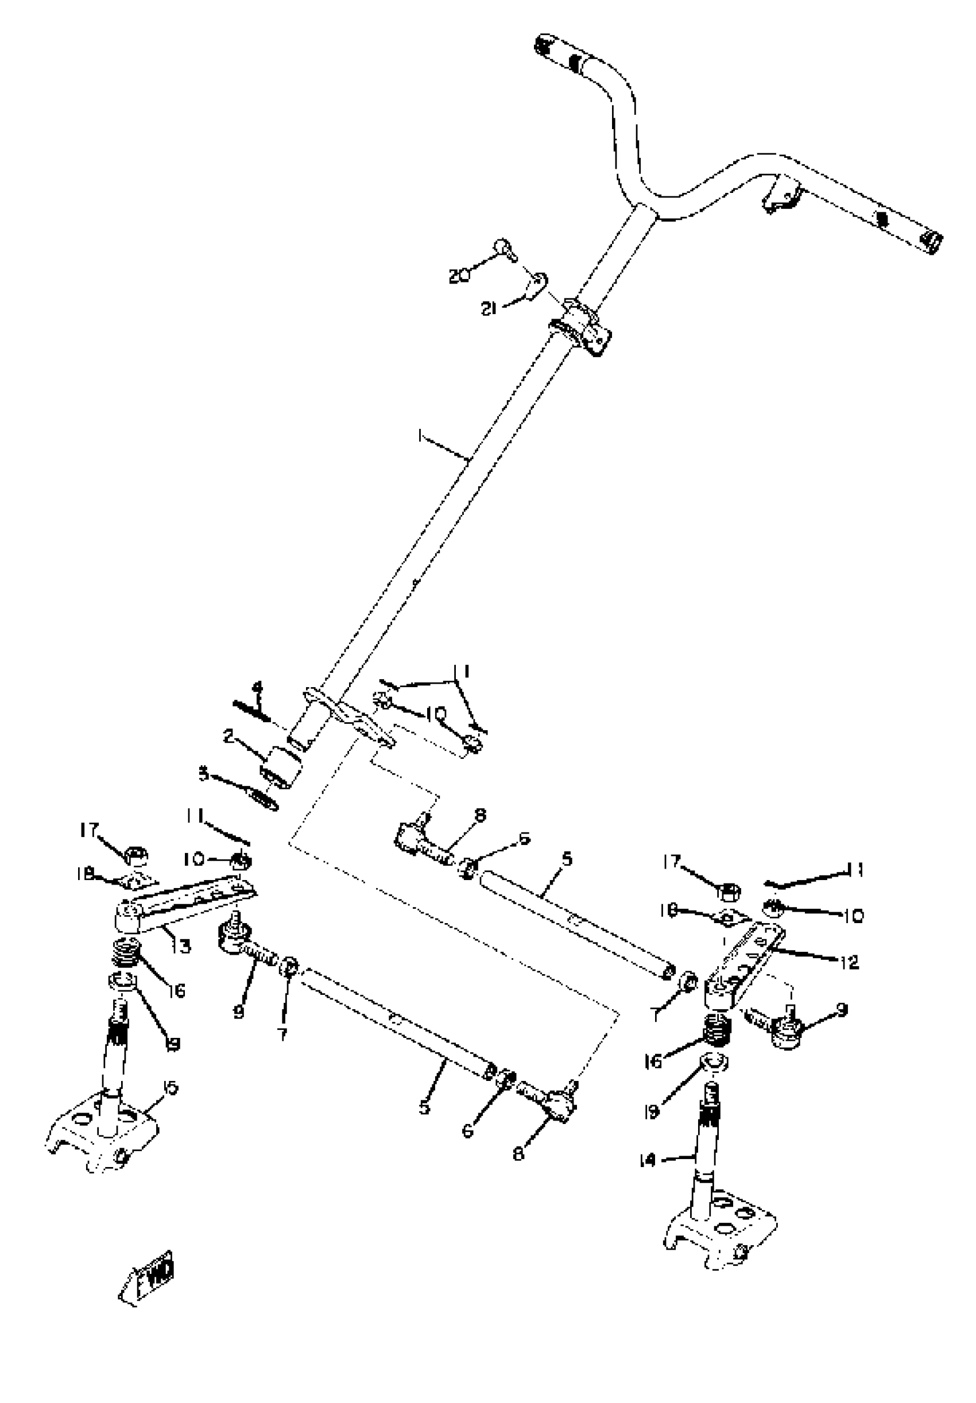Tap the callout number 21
pos(489,309)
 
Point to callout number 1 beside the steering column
pos(420,435)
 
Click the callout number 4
pos(258,688)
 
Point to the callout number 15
pos(171,1088)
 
